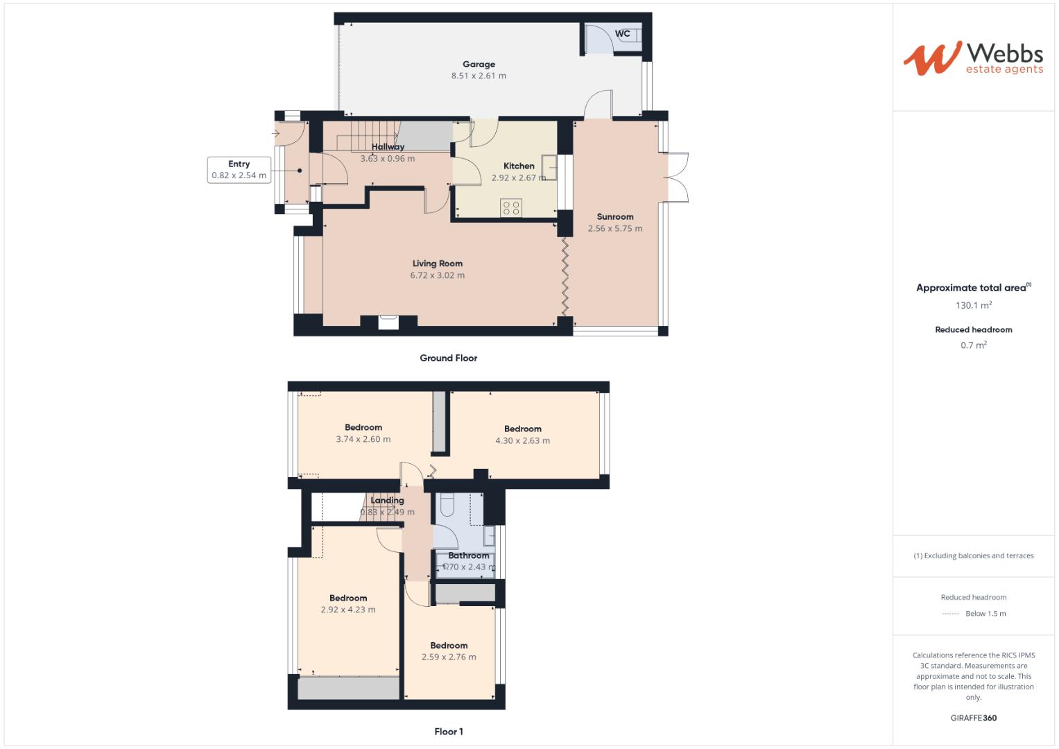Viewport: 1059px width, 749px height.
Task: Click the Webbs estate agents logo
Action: (x=972, y=58)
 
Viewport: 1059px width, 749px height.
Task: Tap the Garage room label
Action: (x=479, y=64)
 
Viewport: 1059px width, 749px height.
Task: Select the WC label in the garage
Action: (x=622, y=33)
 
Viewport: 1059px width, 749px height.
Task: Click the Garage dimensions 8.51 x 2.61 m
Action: (x=479, y=76)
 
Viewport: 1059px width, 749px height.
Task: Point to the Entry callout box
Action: (x=239, y=170)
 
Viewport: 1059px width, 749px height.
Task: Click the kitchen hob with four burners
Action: (x=512, y=207)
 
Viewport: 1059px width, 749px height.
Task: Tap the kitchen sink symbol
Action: (x=549, y=167)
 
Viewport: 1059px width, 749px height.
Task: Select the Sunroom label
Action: (x=614, y=217)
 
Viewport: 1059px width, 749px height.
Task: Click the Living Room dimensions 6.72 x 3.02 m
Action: (x=437, y=275)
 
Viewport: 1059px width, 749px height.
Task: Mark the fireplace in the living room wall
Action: (x=388, y=321)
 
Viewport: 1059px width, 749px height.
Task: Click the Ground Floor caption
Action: (x=448, y=359)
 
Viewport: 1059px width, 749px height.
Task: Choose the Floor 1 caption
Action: (x=448, y=732)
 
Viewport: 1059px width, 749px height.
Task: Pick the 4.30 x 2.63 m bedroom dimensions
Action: (x=522, y=440)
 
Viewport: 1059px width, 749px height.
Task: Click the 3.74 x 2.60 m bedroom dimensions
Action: (x=363, y=439)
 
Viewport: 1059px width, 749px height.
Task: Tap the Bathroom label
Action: (x=468, y=556)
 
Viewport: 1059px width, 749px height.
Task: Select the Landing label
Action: (x=387, y=501)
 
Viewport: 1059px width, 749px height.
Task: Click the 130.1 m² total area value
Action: (x=973, y=305)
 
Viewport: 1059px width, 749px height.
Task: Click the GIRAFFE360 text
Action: (x=973, y=718)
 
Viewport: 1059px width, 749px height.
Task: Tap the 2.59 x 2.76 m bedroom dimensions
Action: (x=449, y=657)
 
